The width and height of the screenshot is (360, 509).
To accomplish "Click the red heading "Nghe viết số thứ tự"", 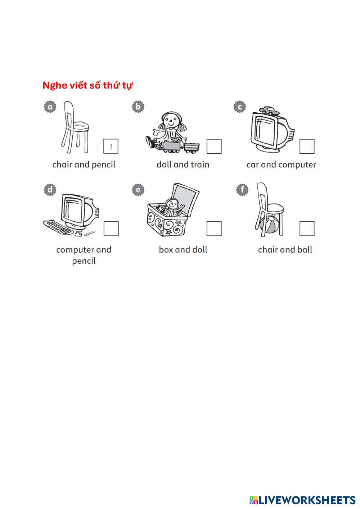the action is pos(87,86).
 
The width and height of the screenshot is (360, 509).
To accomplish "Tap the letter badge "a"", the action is pos(50,107).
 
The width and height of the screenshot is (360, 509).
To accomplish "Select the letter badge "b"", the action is pos(138,107).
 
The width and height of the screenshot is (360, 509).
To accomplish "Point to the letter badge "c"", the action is pos(240,107).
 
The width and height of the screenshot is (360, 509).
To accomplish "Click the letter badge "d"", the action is pos(50,189).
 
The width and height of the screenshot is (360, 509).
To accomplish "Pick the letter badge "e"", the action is pos(138,189).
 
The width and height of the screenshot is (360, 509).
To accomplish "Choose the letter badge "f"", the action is pos(242,189).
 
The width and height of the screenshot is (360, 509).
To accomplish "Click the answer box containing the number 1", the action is pos(111,147).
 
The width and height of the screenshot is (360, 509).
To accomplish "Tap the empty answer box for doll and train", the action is pos(214,147).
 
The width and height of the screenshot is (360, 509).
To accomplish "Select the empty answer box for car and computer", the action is pos(307,147).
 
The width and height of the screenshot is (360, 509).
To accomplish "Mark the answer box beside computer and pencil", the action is pos(111,229).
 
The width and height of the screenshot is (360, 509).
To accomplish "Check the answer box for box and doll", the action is pos(214,229).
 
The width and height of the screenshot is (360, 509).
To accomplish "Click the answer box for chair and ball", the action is pos(307,229).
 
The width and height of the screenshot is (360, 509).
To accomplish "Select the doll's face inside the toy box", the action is pos(172,205).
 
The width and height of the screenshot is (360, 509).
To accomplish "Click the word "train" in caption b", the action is pos(200,165).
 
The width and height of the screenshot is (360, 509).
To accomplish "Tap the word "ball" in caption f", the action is pos(305,249).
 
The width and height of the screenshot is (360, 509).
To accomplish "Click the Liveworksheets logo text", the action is pos(302,500).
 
